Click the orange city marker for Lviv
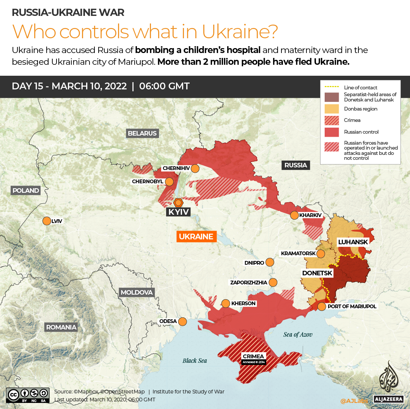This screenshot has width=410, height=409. [47, 221]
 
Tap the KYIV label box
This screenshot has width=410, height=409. [178, 212]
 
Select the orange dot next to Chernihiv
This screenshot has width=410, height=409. [195, 168]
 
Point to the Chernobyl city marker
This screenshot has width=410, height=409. [169, 181]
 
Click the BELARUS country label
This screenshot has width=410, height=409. [142, 133]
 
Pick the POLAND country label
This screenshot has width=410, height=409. [26, 190]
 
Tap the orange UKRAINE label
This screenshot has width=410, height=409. [196, 237]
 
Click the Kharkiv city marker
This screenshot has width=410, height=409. [294, 215]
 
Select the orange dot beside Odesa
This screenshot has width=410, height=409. [182, 321]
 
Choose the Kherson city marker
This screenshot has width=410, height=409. [226, 303]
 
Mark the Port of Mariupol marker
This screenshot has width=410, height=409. [321, 306]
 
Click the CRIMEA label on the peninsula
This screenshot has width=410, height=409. [254, 356]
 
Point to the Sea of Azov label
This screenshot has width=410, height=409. [298, 334]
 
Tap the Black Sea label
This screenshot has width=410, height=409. [195, 361]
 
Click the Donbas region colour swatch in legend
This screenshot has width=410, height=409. [331, 109]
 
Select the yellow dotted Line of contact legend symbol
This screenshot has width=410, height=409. [331, 87]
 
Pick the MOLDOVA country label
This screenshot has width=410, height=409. [137, 292]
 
